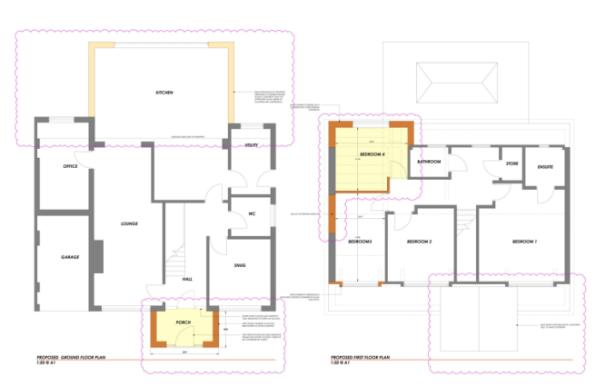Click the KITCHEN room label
click(164, 94)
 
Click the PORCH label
click(182, 322)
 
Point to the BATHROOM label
click(430, 162)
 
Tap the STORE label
click(499, 164)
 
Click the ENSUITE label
click(545, 166)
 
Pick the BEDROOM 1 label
click(524, 241)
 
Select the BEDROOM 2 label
click(418, 242)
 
